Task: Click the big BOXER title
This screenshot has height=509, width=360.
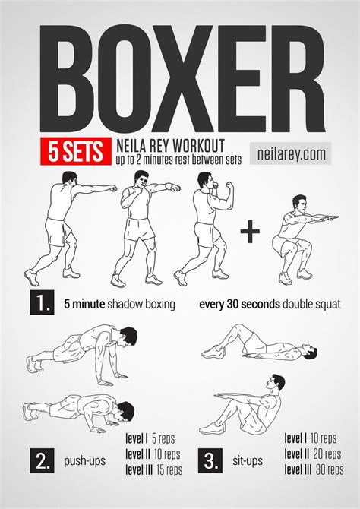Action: pos(179,79)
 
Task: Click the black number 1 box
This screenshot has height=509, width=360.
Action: pos(41,304)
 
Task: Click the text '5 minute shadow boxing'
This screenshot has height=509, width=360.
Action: pos(119,305)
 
